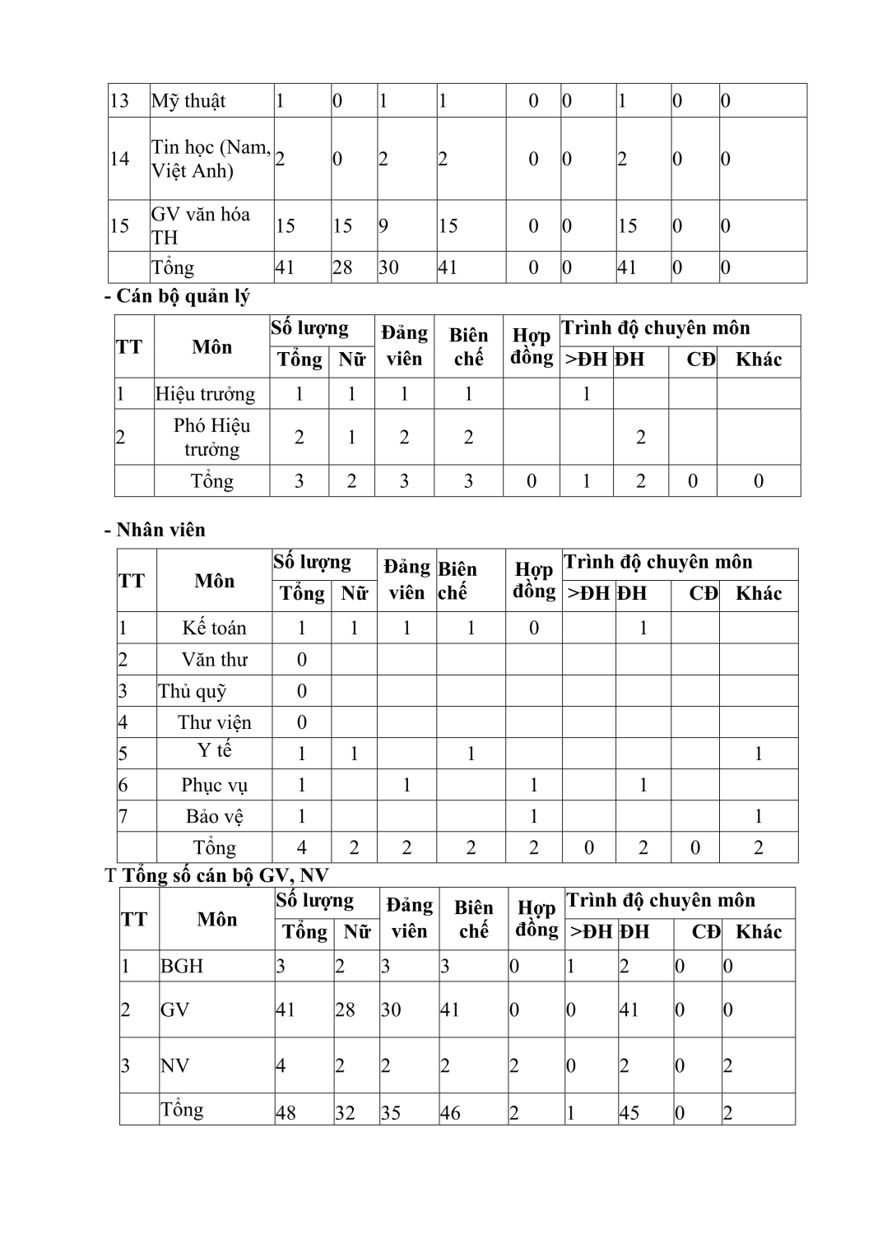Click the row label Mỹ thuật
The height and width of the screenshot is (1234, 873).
click(x=188, y=101)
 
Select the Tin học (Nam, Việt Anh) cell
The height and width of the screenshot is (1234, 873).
click(x=211, y=159)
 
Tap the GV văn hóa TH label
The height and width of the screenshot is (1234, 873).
click(x=200, y=225)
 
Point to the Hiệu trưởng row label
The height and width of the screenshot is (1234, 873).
click(x=205, y=394)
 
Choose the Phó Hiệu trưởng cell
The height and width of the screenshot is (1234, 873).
click(x=211, y=437)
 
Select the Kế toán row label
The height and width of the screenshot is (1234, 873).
click(x=214, y=628)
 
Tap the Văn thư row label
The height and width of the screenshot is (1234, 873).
click(x=214, y=660)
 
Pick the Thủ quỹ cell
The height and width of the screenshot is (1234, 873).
click(x=193, y=691)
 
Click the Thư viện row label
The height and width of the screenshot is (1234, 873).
click(x=214, y=722)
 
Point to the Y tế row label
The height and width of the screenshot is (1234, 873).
click(x=214, y=751)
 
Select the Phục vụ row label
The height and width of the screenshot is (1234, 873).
click(x=214, y=786)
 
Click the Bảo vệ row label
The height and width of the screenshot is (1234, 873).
click(x=214, y=817)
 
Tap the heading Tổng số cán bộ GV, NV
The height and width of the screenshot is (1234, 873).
click(x=225, y=875)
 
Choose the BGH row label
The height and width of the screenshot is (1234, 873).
click(x=181, y=966)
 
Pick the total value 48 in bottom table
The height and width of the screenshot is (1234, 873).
click(x=286, y=1113)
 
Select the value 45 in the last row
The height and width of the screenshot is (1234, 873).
click(x=630, y=1113)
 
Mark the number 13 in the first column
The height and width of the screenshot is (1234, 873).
click(x=119, y=101)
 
